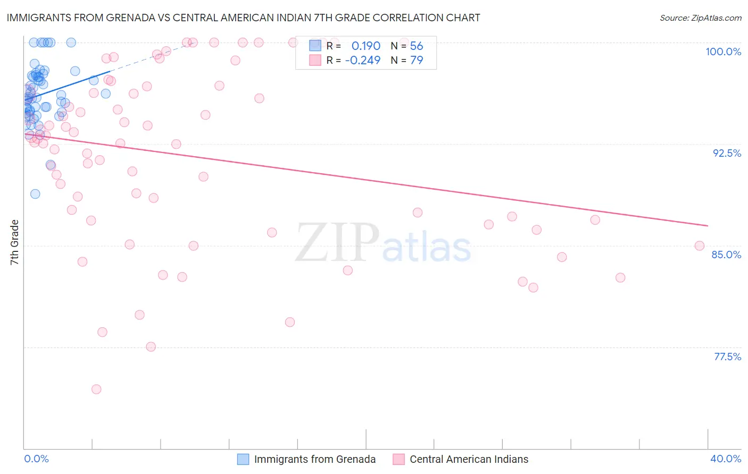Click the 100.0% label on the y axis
pos(723,52)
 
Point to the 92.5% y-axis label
pos(727,153)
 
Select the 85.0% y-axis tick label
pos(726,255)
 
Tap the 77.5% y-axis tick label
pos(727,357)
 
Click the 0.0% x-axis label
pos(36,459)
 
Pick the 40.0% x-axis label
pos(726,459)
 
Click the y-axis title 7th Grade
pos(14,242)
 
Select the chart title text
pos(243,18)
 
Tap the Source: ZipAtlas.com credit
pos(700,18)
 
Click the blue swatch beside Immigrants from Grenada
pos(243,460)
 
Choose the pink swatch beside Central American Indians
pos(398,460)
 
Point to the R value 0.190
pos(366,46)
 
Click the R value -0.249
pos(362,61)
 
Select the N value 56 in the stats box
pos(417,46)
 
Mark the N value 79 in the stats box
pos(417,61)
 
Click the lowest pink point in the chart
pos(96,390)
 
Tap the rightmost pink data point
pos(700,246)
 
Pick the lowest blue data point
pos(35,194)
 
